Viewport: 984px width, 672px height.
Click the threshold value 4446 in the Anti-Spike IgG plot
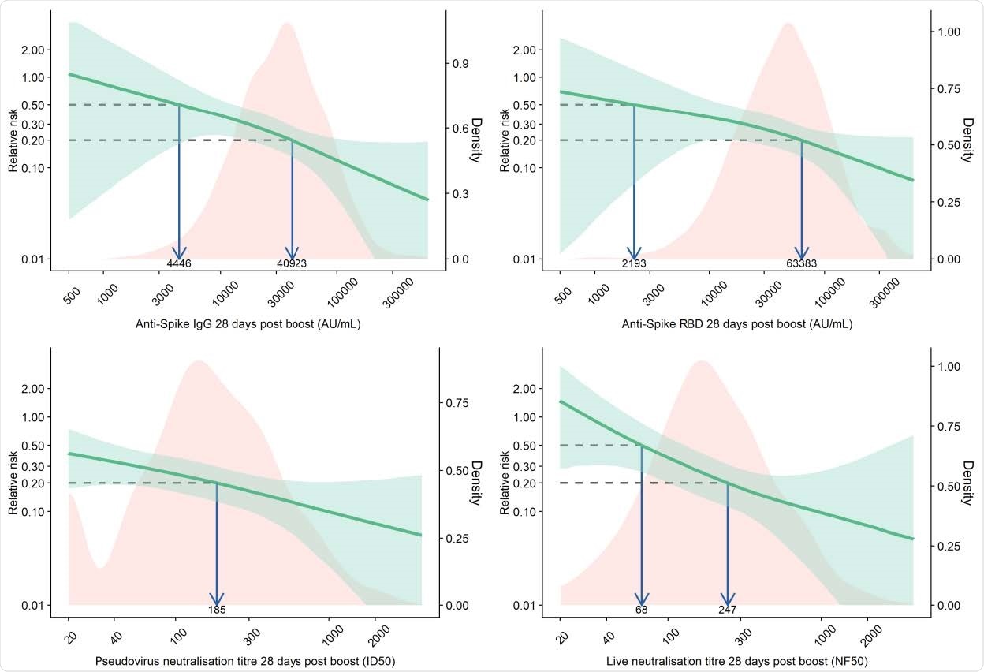pyautogui.click(x=179, y=263)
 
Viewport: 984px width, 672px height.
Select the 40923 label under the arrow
pyautogui.click(x=292, y=263)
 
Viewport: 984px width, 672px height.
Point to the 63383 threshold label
pyautogui.click(x=801, y=263)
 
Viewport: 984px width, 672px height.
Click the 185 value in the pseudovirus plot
pyautogui.click(x=217, y=610)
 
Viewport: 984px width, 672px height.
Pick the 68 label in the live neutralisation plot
pyautogui.click(x=641, y=610)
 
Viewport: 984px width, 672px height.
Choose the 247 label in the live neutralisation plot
pyautogui.click(x=727, y=610)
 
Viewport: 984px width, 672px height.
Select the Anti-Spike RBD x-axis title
pyautogui.click(x=736, y=324)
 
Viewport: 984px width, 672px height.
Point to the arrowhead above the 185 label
pyautogui.click(x=217, y=599)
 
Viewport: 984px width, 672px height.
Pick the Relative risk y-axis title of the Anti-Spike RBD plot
pyautogui.click(x=504, y=141)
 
